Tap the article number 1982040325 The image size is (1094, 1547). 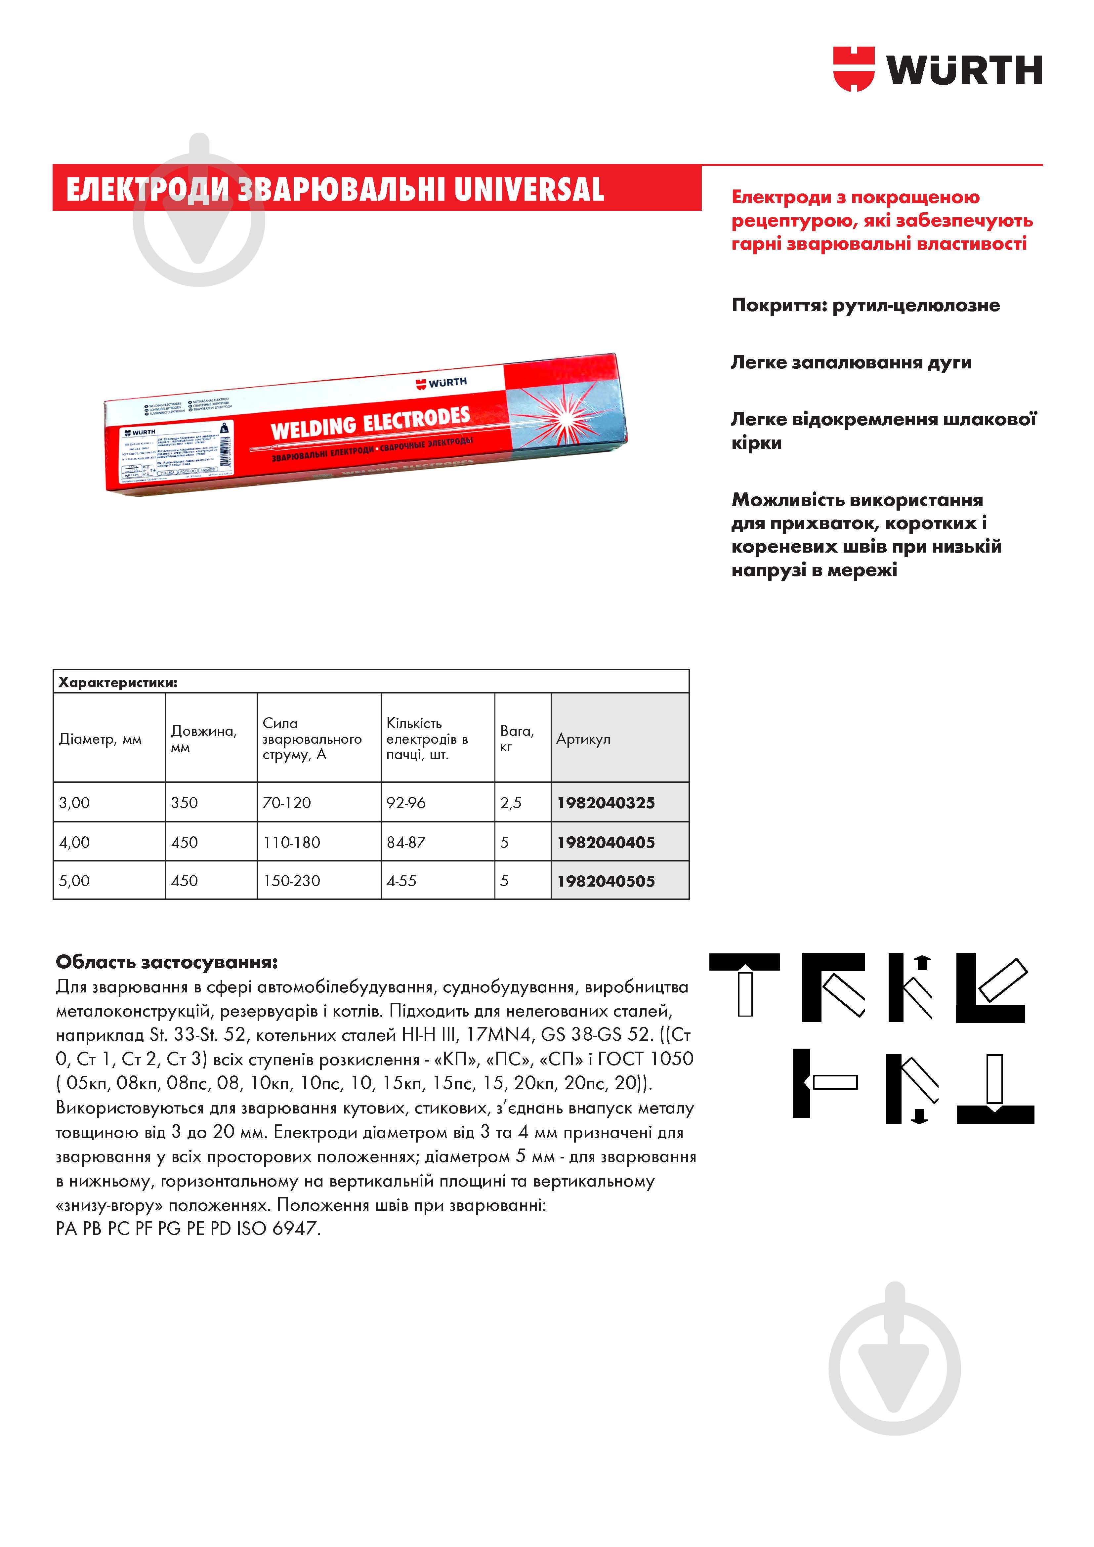click(x=606, y=803)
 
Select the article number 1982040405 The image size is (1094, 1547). click(x=606, y=842)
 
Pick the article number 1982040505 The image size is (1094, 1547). click(x=606, y=881)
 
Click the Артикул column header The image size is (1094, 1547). click(x=583, y=739)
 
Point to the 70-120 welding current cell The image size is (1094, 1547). click(x=287, y=803)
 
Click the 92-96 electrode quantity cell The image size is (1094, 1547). click(x=405, y=803)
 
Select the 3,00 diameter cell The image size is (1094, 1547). click(x=74, y=803)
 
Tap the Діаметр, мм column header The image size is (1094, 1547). click(x=101, y=739)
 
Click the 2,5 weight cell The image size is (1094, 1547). click(x=511, y=803)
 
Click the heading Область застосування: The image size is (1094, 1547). click(x=166, y=961)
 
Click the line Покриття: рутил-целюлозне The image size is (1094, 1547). click(x=865, y=305)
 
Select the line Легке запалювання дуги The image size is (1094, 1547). click(x=851, y=362)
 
